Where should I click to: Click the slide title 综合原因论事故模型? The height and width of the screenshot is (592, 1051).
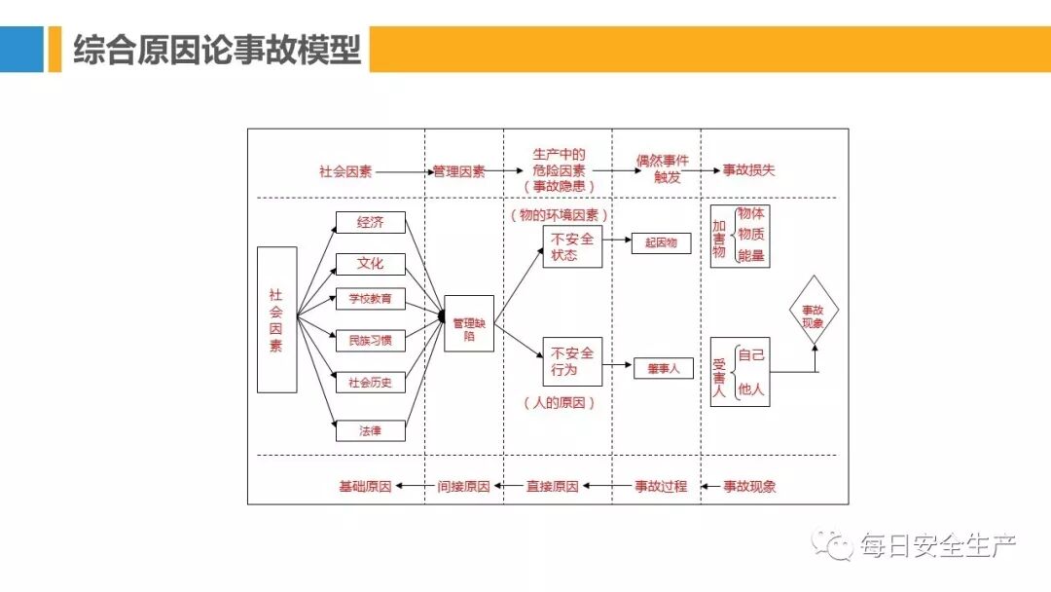click(217, 50)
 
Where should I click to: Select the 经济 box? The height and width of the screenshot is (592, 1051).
click(370, 222)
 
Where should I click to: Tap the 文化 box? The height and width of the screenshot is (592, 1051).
click(370, 263)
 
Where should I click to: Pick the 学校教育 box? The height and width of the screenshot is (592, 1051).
click(370, 299)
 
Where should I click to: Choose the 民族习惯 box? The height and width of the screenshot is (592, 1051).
click(370, 341)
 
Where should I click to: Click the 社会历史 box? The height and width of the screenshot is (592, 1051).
click(370, 382)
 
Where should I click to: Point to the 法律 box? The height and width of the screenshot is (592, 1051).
click(370, 429)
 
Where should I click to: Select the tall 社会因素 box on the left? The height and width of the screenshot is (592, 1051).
click(276, 319)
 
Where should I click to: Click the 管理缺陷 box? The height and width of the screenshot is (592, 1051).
click(469, 322)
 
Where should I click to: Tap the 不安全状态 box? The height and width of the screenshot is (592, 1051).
click(572, 246)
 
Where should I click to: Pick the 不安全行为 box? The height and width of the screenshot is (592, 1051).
click(572, 361)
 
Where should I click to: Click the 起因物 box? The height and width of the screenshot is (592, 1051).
click(662, 242)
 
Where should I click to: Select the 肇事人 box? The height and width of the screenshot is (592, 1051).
click(663, 369)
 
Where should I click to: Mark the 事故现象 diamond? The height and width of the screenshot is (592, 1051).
click(813, 310)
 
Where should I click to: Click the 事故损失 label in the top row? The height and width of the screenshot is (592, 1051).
click(748, 170)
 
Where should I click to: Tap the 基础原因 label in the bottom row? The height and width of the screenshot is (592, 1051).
click(365, 486)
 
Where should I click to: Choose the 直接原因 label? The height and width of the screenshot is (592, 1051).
click(552, 486)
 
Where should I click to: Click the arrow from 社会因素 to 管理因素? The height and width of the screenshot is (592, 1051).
click(403, 171)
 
